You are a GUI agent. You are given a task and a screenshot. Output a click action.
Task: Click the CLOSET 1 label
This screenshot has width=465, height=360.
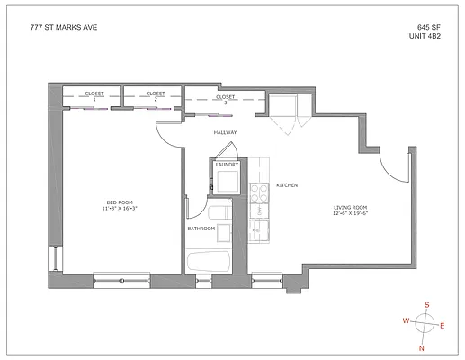coord(94,94)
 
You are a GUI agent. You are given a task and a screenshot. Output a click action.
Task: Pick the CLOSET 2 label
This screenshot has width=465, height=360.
coord(156,94)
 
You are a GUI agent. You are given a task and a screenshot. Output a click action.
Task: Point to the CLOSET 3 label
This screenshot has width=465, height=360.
coord(225,97)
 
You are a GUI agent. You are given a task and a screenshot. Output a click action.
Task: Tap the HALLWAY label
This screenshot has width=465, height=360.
coord(225,132)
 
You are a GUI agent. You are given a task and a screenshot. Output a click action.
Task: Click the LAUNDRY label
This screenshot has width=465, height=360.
coord(226,165)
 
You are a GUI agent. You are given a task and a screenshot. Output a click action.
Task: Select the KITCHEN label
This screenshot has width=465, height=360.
coord(286,185)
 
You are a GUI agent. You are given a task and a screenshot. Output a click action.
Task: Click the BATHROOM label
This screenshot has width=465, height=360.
coord(201,229)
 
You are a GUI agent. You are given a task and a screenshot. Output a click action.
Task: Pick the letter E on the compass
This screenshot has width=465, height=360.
coord(441,325)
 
